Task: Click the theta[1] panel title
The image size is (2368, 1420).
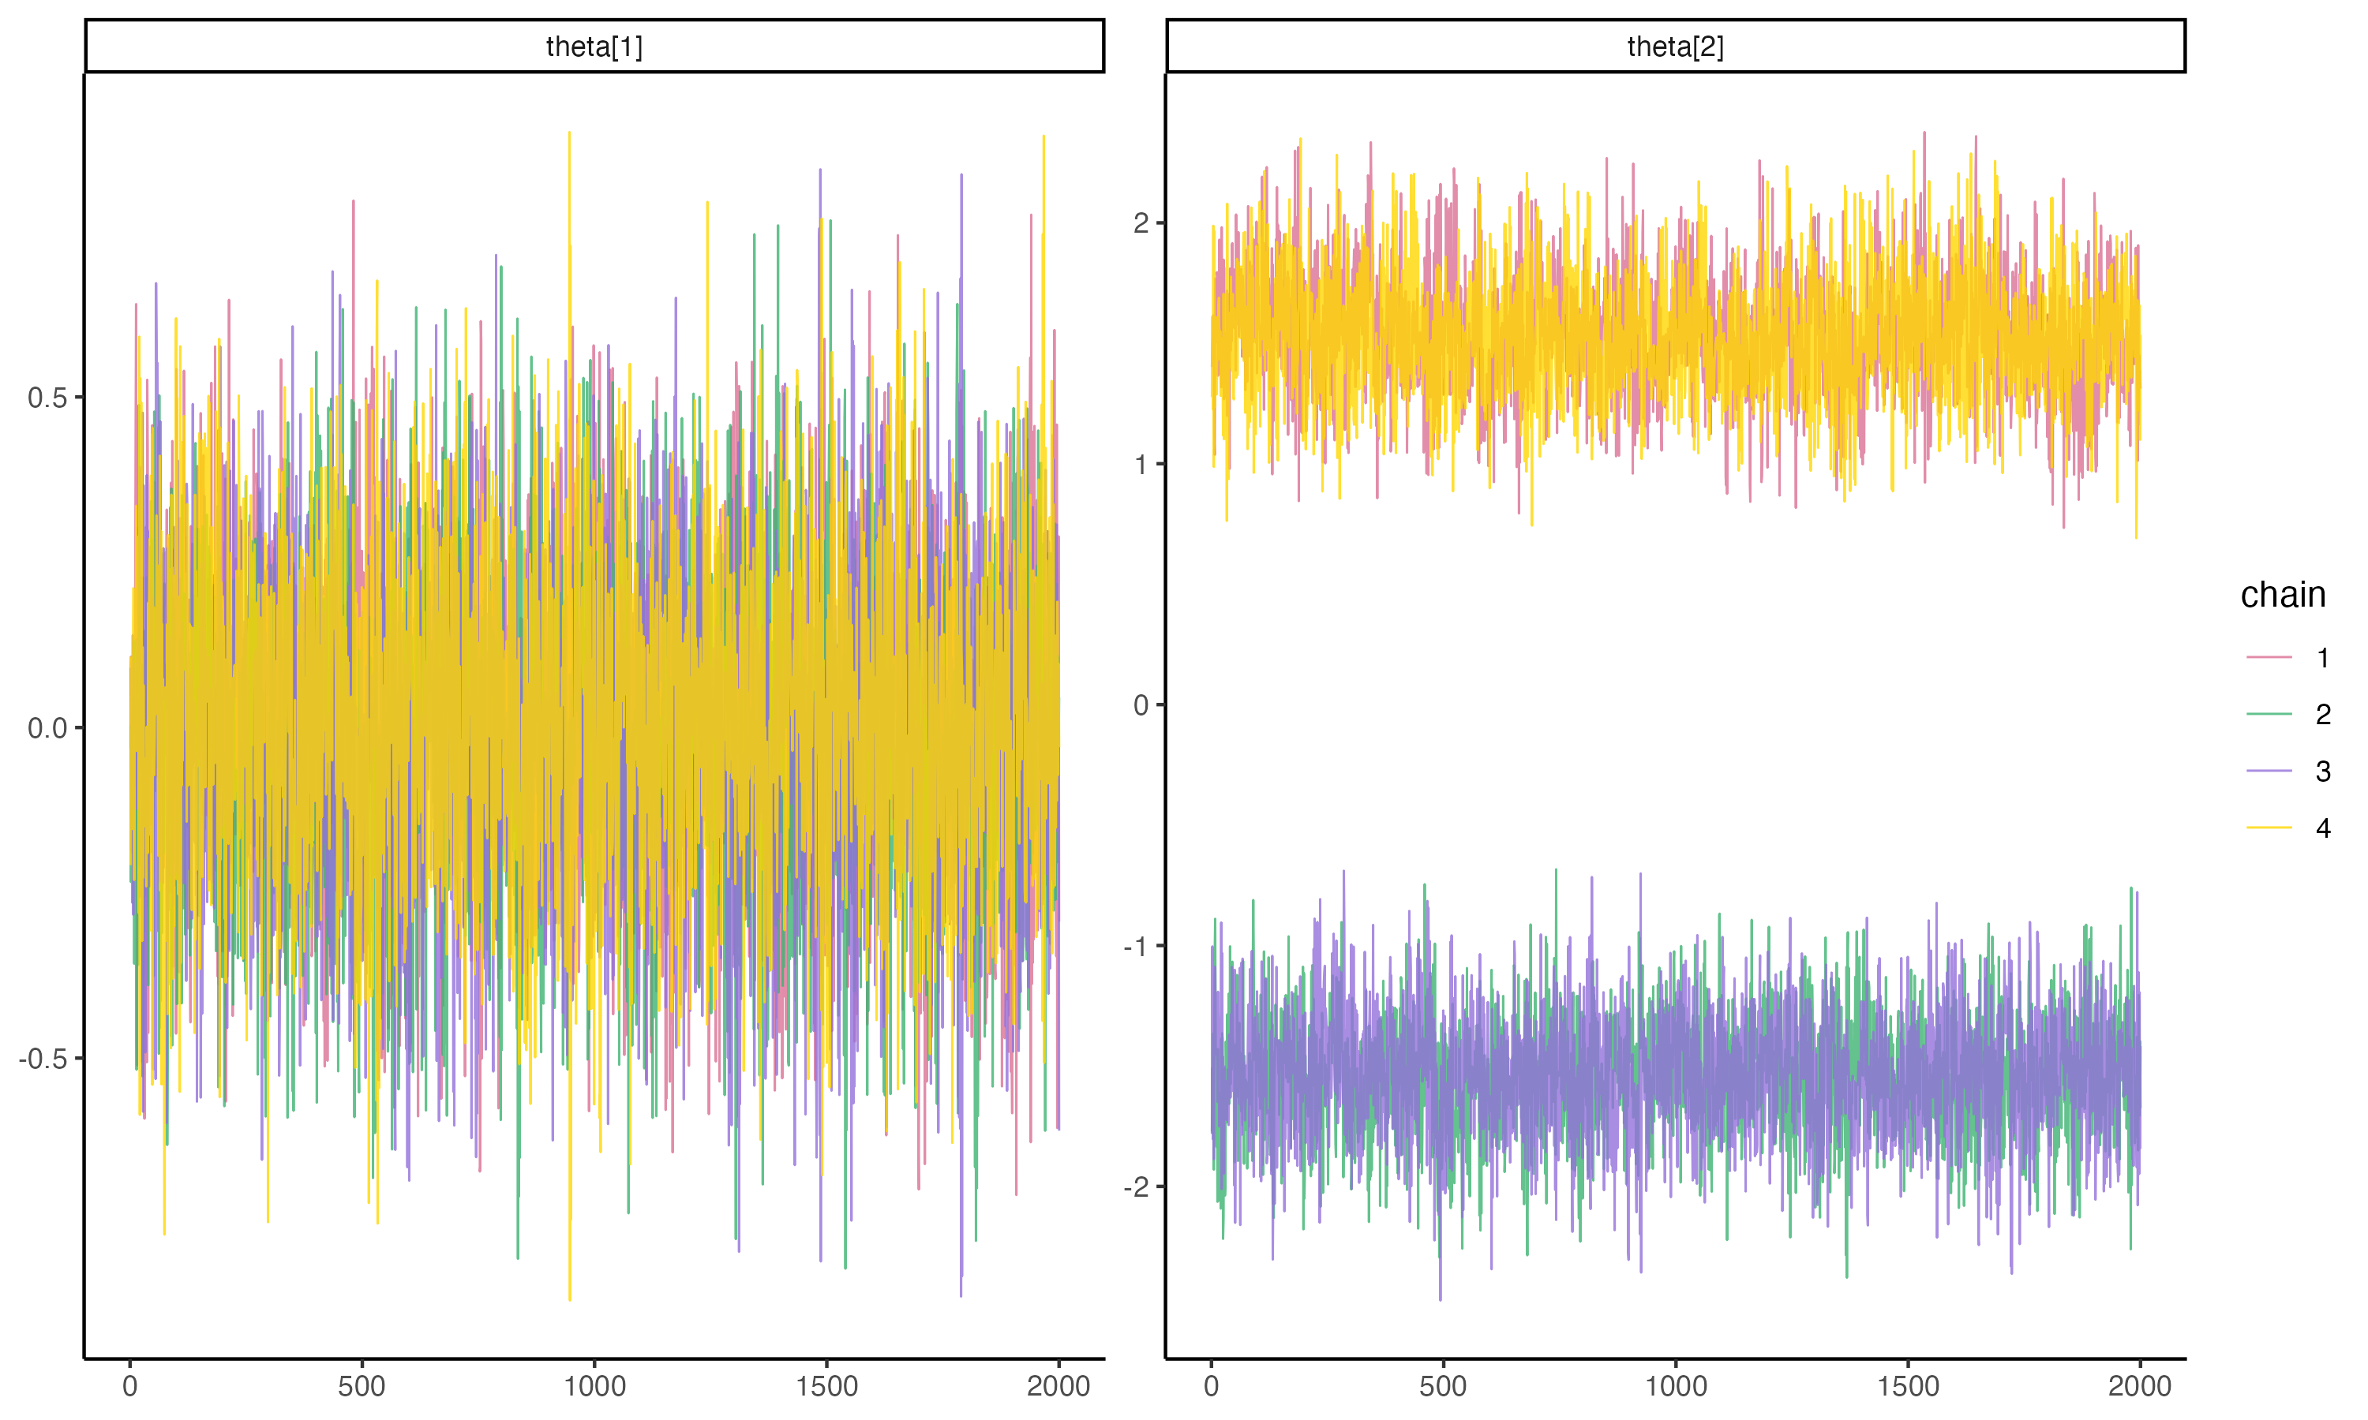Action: [594, 46]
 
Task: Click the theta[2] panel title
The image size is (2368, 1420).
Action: [1674, 46]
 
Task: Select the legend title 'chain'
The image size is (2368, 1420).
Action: [2282, 595]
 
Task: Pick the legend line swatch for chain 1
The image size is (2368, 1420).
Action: [2269, 657]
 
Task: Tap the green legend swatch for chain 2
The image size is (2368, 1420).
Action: [2269, 714]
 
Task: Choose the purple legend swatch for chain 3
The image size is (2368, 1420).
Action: [2269, 772]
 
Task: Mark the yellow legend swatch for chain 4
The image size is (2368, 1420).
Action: [2269, 828]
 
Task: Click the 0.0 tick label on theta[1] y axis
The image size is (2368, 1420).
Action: [48, 728]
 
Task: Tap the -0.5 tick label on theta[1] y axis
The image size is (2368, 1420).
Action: [44, 1059]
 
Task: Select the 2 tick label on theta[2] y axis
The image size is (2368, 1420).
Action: [1141, 223]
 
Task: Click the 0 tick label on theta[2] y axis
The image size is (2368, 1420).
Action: [1141, 705]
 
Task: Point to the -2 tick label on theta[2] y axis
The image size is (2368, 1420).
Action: [1136, 1187]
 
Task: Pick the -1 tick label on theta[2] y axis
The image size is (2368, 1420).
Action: [1136, 947]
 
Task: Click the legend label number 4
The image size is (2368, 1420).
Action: [2323, 828]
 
